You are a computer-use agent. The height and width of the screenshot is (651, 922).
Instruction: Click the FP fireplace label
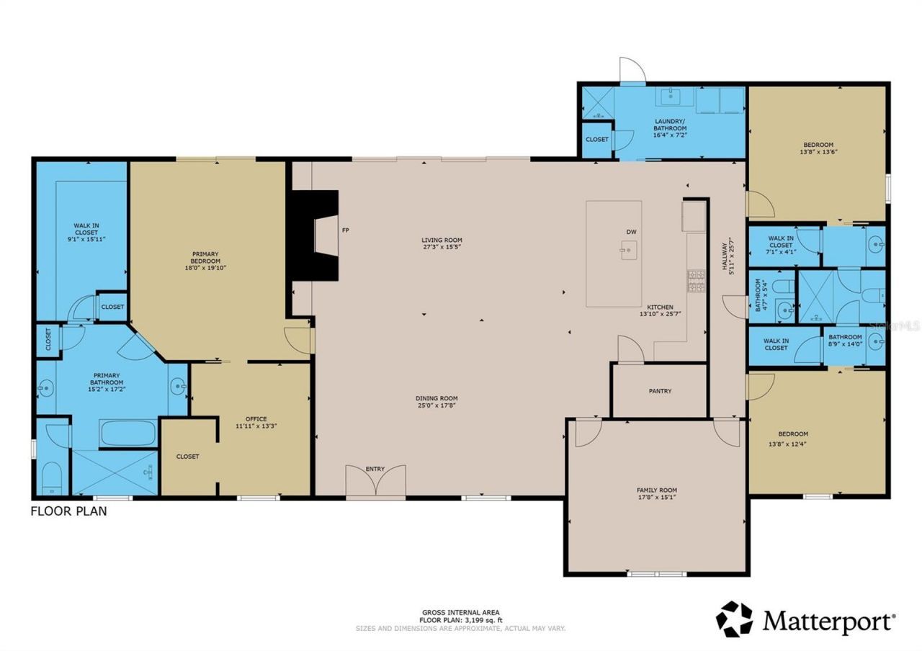[346, 230]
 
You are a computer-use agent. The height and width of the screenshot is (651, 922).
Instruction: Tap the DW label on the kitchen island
[631, 231]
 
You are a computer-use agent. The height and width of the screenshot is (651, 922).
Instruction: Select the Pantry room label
[660, 391]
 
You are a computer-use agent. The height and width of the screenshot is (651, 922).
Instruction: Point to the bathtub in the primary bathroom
[128, 434]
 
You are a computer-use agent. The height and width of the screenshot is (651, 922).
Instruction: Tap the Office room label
[256, 419]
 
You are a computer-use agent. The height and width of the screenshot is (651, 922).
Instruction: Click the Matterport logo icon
[734, 619]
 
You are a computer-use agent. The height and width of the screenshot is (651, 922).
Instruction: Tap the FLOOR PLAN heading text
[68, 511]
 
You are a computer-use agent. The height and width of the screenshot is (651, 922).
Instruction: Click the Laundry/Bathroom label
[670, 125]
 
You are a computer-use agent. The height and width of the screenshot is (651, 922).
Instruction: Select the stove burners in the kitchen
[697, 282]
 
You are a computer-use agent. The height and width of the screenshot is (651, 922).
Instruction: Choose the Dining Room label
[436, 398]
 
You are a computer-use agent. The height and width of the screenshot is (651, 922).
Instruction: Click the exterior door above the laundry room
[632, 70]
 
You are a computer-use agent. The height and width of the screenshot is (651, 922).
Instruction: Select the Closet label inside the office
[187, 456]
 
